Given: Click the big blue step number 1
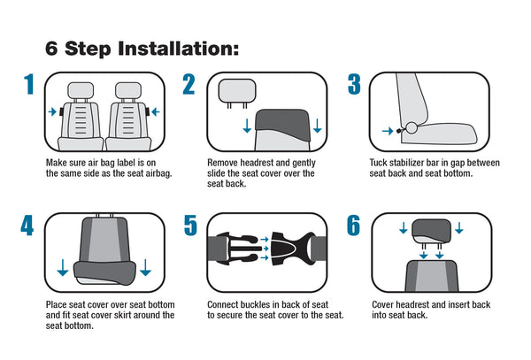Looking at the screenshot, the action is (29, 84).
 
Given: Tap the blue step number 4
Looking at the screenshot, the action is (27, 226).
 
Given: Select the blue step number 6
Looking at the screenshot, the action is (353, 226).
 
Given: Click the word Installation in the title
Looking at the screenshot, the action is (178, 49).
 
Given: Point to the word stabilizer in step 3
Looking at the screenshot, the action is (406, 163).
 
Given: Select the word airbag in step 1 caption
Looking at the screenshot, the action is (158, 173).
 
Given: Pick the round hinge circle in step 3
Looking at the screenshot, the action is (412, 128).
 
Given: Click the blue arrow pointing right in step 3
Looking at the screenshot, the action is (388, 131).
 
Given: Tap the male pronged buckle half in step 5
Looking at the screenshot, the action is (235, 249).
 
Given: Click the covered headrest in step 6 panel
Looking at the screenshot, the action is (431, 231).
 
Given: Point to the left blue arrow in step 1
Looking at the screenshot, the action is (52, 111).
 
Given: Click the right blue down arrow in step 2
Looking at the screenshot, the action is (318, 126).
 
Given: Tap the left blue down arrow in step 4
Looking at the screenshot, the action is (63, 268).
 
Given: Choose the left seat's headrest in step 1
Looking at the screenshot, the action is (81, 90).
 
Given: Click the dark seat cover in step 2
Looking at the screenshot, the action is (282, 125).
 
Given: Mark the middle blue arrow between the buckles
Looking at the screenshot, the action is (265, 249).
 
